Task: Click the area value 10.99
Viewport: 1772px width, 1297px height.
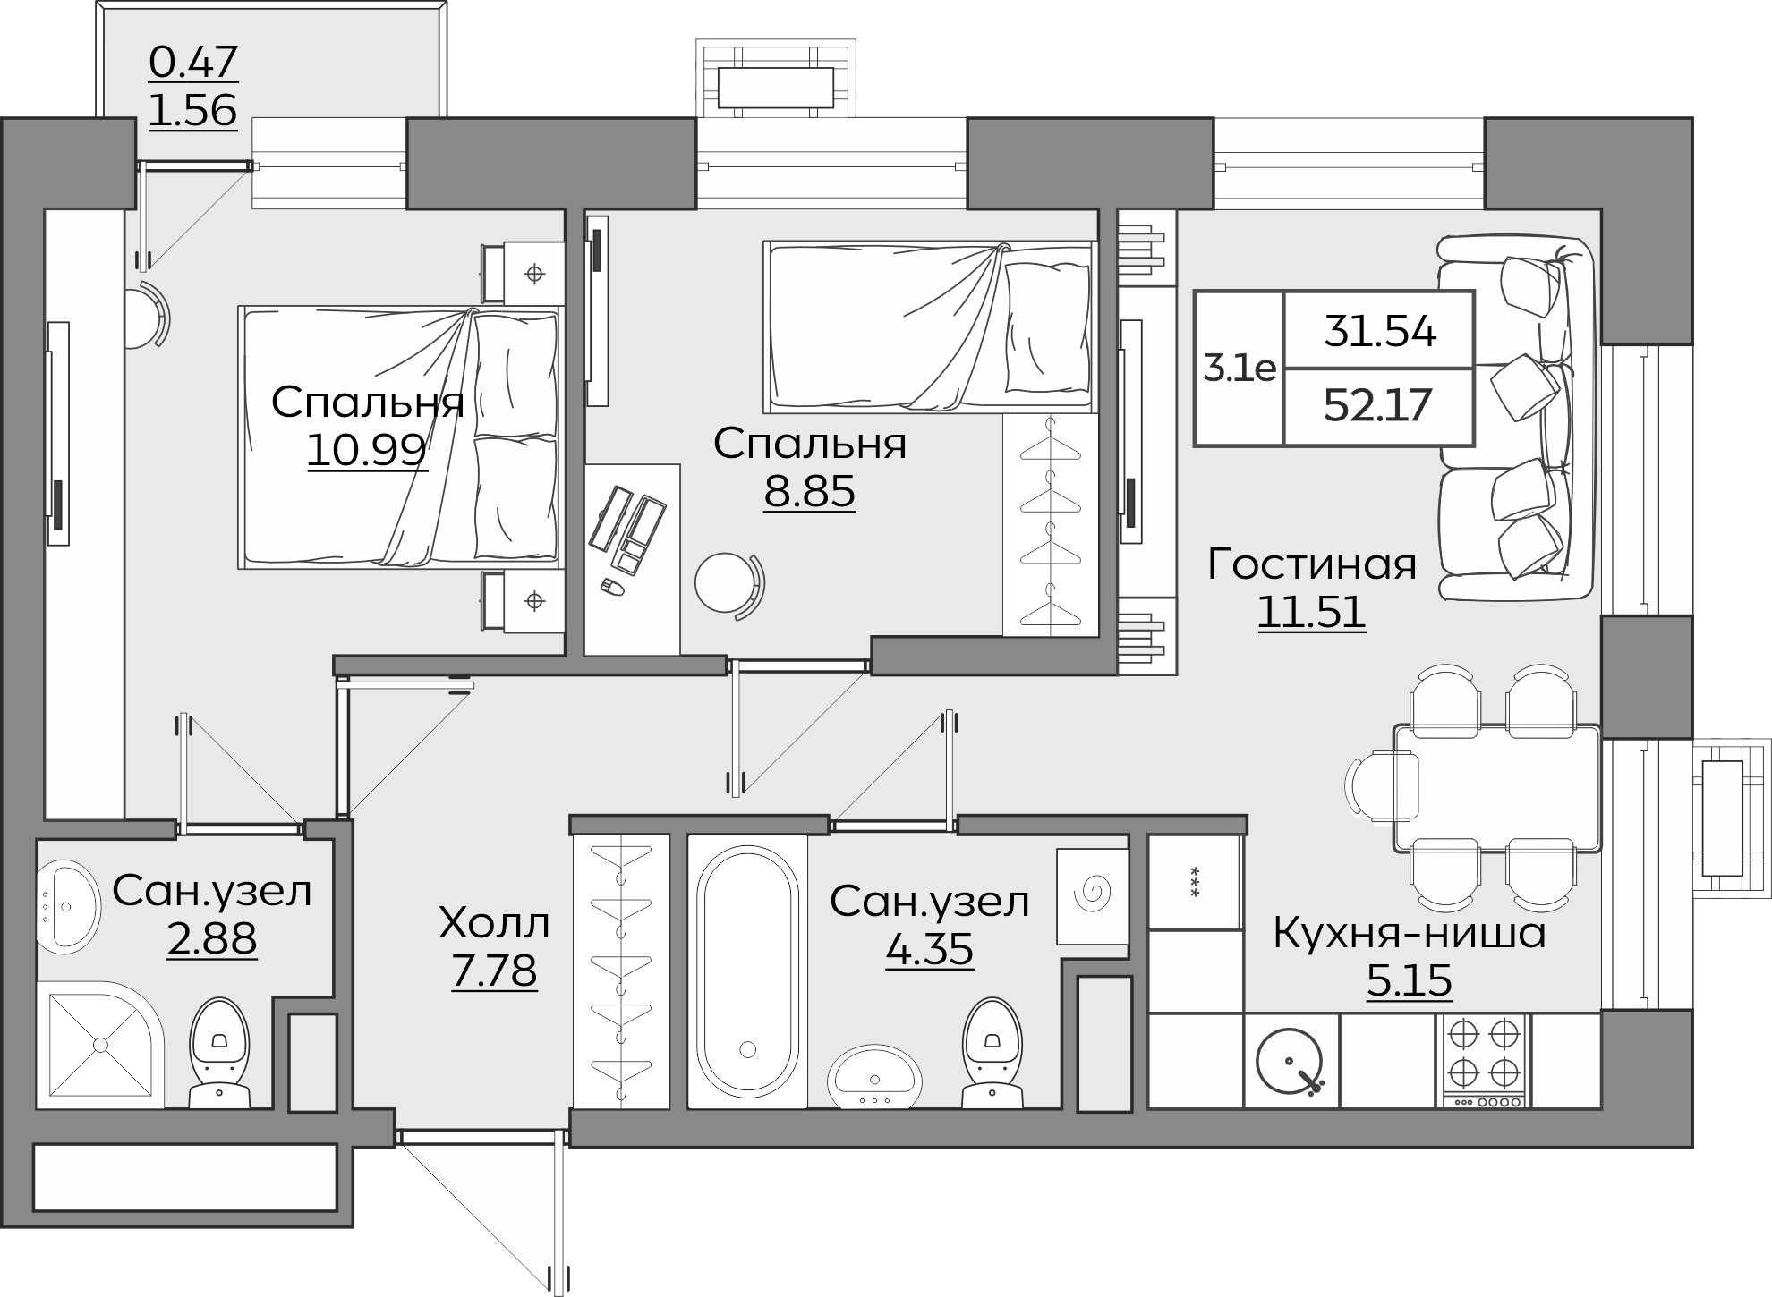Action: click(367, 450)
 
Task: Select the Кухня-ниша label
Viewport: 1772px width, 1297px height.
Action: click(1410, 934)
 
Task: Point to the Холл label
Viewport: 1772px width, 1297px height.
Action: click(494, 924)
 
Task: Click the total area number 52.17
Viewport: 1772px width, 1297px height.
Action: click(1378, 406)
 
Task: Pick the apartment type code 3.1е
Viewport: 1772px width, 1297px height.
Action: click(1240, 369)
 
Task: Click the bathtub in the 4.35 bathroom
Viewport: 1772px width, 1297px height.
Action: click(748, 971)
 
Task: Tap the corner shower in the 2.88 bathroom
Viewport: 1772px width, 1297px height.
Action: click(100, 1045)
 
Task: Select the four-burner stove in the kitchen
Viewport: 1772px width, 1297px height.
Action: click(1484, 1062)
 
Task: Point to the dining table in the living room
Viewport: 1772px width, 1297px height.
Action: click(1497, 788)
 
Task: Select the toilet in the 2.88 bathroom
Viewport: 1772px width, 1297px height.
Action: click(219, 1054)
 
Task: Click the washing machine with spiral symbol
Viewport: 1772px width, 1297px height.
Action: click(1092, 896)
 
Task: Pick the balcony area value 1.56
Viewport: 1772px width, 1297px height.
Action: click(192, 111)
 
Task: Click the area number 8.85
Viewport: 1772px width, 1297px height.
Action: click(809, 492)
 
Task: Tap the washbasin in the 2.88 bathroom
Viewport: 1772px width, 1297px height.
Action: click(68, 906)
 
